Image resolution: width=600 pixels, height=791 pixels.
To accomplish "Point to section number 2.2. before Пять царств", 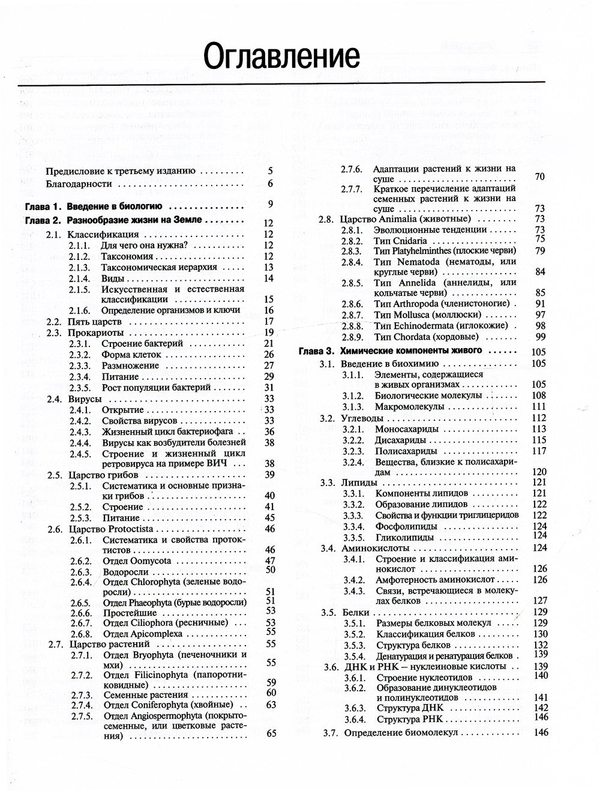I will pos(55,321).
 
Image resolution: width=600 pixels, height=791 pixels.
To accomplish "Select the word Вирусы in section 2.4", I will pos(85,399).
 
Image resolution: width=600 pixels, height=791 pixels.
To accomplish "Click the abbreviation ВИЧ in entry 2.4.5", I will pos(220,464).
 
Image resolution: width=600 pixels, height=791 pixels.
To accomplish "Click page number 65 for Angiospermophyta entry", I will pos(271,733).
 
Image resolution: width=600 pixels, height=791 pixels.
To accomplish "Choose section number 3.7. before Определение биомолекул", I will pos(331,733).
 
